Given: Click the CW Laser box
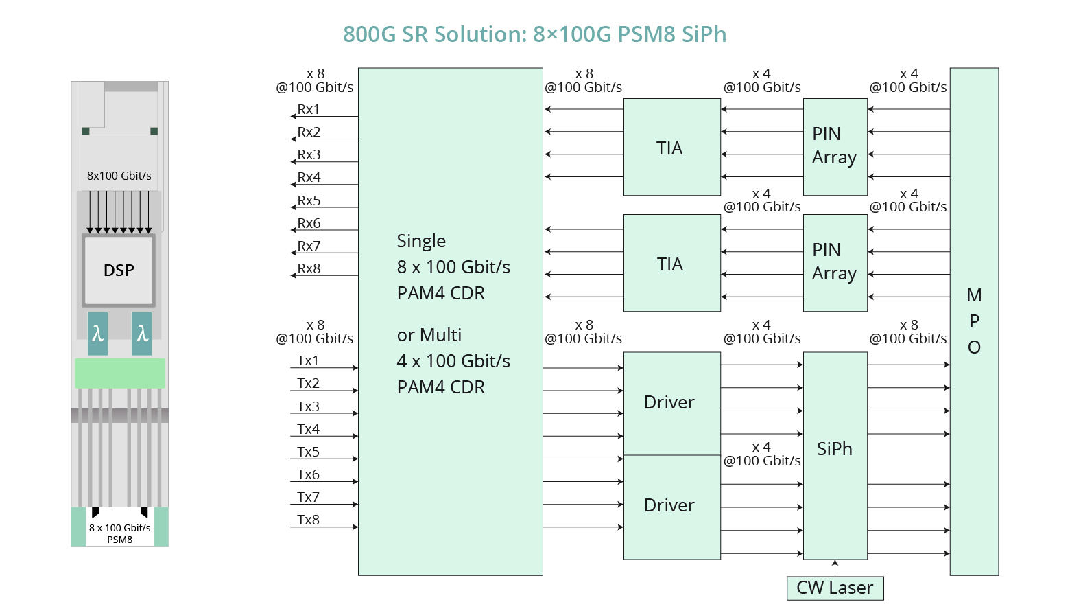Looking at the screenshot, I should (835, 588).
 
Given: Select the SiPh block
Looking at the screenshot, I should (835, 449).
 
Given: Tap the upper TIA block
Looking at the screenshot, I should (671, 148).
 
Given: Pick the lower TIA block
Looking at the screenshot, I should (671, 264).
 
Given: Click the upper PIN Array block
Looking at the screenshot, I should (835, 146).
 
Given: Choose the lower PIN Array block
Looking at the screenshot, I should (835, 262).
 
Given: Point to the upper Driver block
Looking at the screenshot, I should (671, 402).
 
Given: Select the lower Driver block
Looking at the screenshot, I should (671, 506).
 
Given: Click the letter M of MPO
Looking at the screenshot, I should (974, 295).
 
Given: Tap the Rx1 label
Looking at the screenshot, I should (309, 109).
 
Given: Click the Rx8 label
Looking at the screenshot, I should (309, 268).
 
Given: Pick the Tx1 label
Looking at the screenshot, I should (308, 360).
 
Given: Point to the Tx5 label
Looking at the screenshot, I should (308, 452).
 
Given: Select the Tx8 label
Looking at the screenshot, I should (308, 520).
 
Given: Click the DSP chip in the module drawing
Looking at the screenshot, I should (119, 270).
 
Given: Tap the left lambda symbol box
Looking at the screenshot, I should (97, 334).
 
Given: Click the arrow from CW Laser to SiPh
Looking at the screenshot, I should (835, 568).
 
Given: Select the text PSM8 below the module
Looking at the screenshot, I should (120, 540).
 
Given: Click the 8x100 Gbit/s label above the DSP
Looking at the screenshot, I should (119, 176).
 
